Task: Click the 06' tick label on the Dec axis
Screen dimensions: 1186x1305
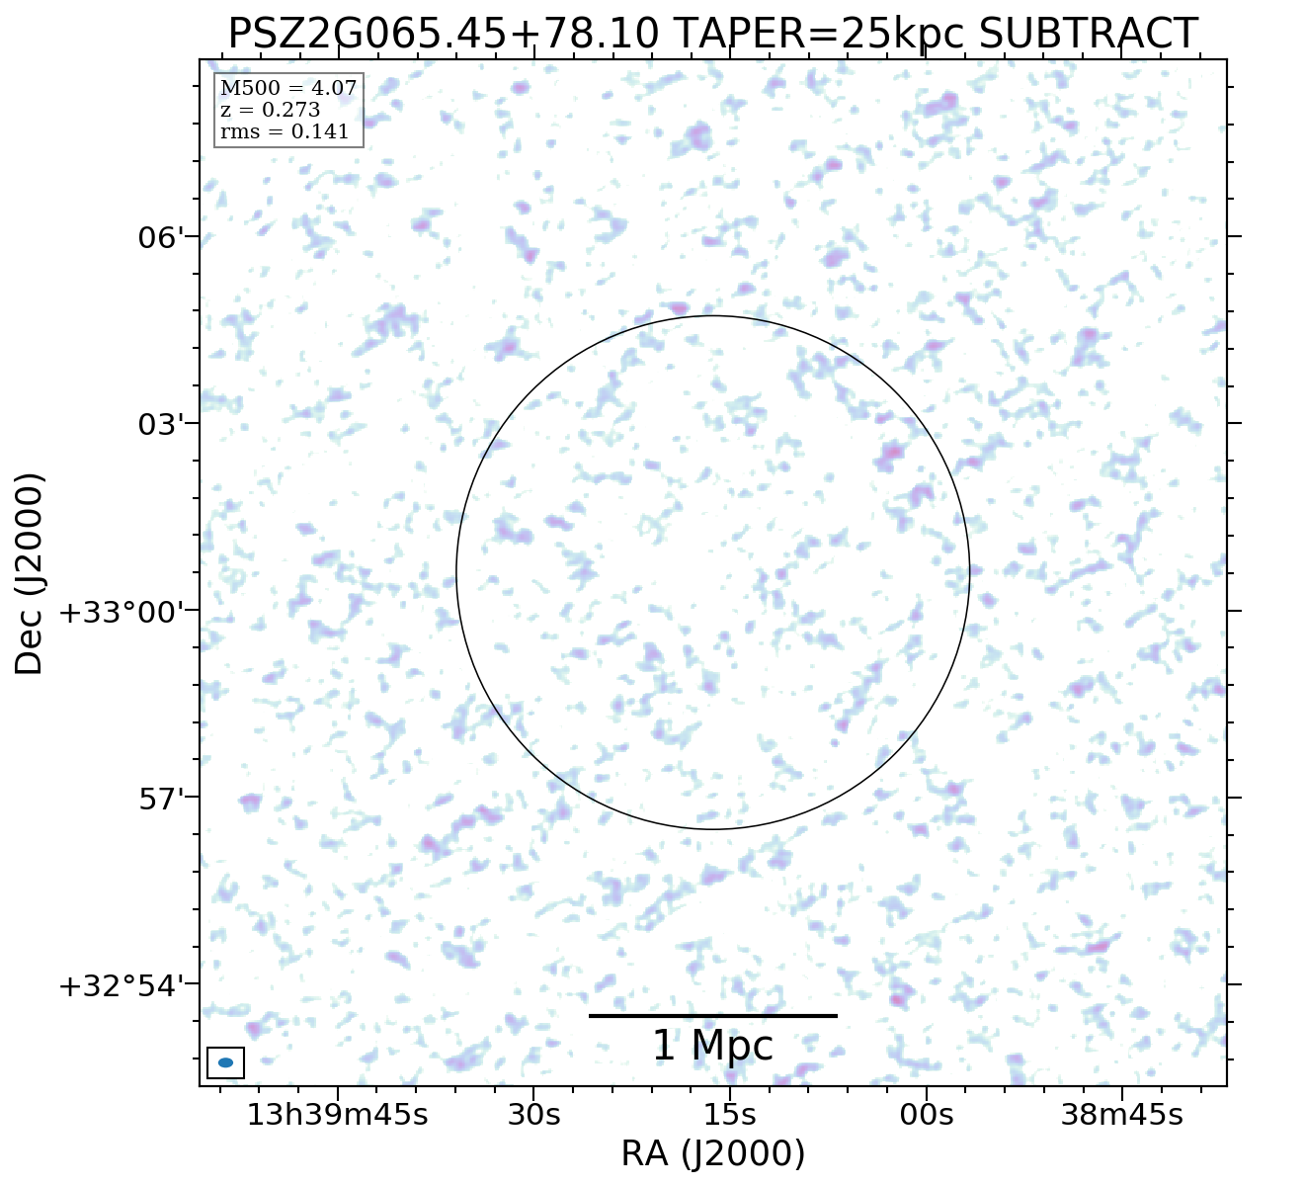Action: (x=162, y=238)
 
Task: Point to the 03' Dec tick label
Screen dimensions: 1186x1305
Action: (x=162, y=425)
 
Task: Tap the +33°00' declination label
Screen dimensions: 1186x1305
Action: (x=122, y=612)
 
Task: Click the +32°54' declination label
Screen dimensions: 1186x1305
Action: (x=122, y=985)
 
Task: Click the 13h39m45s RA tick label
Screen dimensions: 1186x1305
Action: (x=337, y=1115)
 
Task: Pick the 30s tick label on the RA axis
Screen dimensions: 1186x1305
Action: (x=533, y=1115)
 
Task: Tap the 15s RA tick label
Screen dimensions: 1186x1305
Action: (x=729, y=1115)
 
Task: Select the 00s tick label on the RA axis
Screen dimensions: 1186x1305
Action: (x=927, y=1115)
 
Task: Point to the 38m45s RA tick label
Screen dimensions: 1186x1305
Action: (x=1121, y=1115)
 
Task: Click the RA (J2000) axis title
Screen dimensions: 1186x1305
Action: (x=712, y=1153)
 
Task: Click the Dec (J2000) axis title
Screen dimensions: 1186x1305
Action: (x=30, y=573)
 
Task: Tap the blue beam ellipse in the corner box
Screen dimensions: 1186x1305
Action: (x=225, y=1062)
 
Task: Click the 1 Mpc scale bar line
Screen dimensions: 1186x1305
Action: (x=712, y=1015)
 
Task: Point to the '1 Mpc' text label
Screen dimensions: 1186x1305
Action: (x=712, y=1046)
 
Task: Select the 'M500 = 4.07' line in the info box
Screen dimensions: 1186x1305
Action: (x=288, y=89)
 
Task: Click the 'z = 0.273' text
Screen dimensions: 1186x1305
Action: (x=270, y=111)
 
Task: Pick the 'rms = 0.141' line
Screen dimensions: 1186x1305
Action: (x=285, y=132)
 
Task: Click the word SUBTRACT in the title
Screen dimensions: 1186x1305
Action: (x=1088, y=35)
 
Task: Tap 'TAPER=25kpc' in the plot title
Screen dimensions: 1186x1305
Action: (x=819, y=35)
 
